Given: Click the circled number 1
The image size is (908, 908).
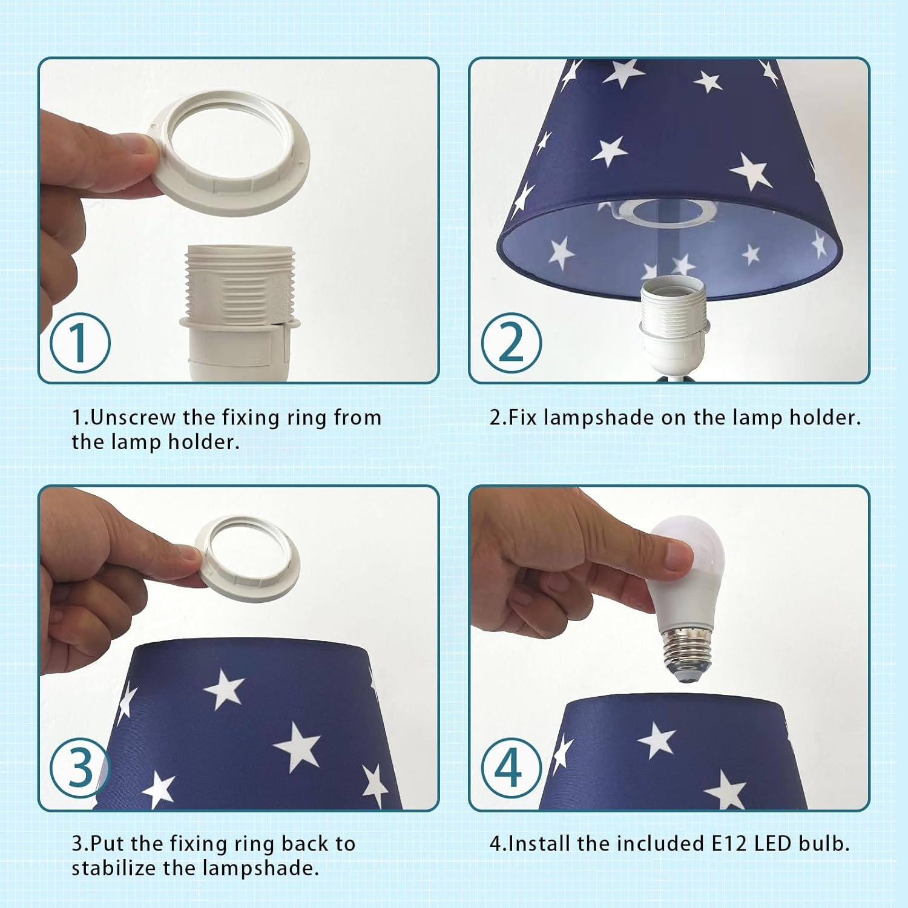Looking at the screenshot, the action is (x=80, y=343).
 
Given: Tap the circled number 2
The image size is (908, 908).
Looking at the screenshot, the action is (x=512, y=343).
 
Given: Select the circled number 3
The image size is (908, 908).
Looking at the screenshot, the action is (x=80, y=769).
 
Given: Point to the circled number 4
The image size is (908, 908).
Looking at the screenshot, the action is (x=512, y=769).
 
